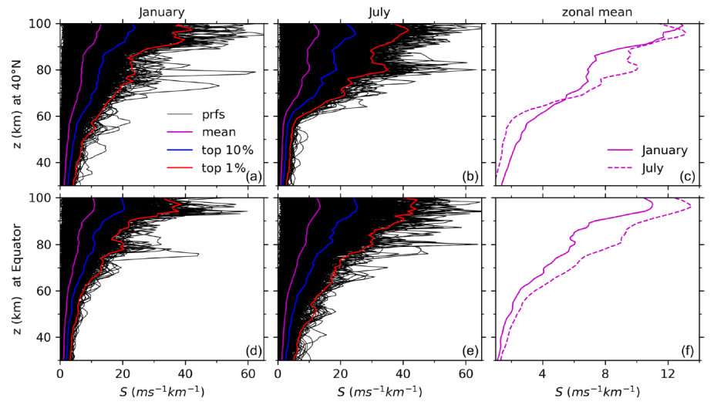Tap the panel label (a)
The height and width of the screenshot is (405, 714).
coord(253,177)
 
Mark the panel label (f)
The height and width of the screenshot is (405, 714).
coord(689,352)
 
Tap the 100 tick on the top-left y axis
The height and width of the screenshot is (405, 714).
coord(42,24)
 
